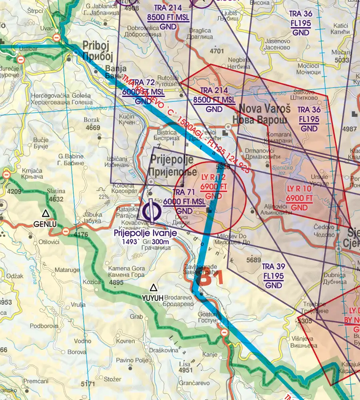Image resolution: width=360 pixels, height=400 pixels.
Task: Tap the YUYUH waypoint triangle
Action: [153, 287]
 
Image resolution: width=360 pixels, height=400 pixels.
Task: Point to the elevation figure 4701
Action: [217, 51]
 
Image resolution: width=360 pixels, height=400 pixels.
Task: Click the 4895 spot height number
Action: [116, 282]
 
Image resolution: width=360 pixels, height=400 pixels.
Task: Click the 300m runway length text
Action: [160, 242]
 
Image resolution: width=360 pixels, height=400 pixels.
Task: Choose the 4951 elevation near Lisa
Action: [186, 370]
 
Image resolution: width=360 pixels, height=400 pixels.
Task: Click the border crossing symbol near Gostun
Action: [224, 332]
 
